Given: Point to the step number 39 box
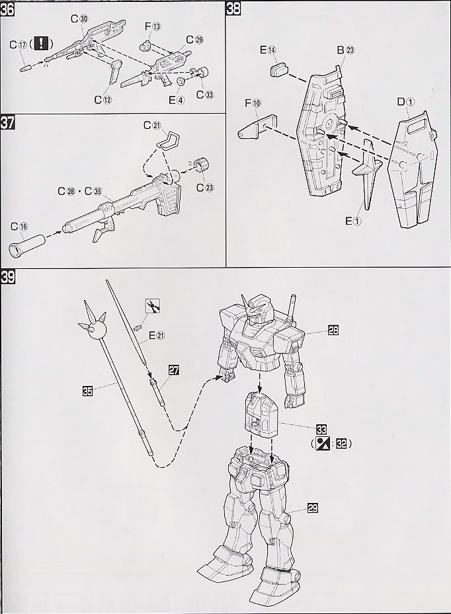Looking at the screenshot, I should tap(9, 277).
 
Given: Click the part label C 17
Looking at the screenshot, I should tap(19, 44).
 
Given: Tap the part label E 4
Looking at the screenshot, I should tap(177, 100).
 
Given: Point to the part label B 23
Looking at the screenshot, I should tap(345, 50).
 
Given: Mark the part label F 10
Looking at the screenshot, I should tap(253, 103).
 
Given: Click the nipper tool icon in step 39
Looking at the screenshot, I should tap(152, 306).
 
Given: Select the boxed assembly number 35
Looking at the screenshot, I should tap(87, 391).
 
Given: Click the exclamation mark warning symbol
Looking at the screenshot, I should tap(42, 44).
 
